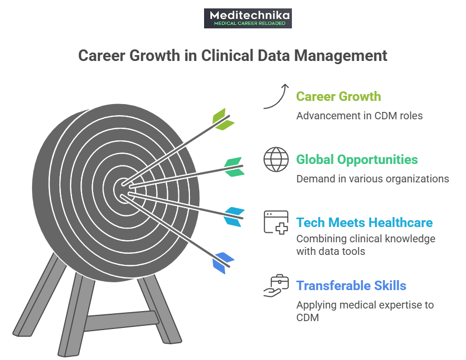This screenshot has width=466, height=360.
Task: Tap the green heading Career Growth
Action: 338,97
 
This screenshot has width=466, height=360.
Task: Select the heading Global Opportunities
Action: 357,160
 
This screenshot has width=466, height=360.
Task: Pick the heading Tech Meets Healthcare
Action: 364,223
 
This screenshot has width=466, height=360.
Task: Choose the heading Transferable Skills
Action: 351,286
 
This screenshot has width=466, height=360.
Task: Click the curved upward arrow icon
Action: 277,96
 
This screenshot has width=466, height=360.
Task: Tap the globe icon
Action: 276,160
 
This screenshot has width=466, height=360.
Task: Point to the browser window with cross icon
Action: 276,222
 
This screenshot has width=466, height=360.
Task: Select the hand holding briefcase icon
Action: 276,286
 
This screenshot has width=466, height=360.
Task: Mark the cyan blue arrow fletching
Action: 233,216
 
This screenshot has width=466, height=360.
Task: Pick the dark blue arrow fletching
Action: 223,261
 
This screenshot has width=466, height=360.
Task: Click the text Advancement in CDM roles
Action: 359,115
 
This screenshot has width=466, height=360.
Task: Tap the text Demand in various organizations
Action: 372,179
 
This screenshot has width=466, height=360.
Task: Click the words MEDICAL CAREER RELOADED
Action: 248,24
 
